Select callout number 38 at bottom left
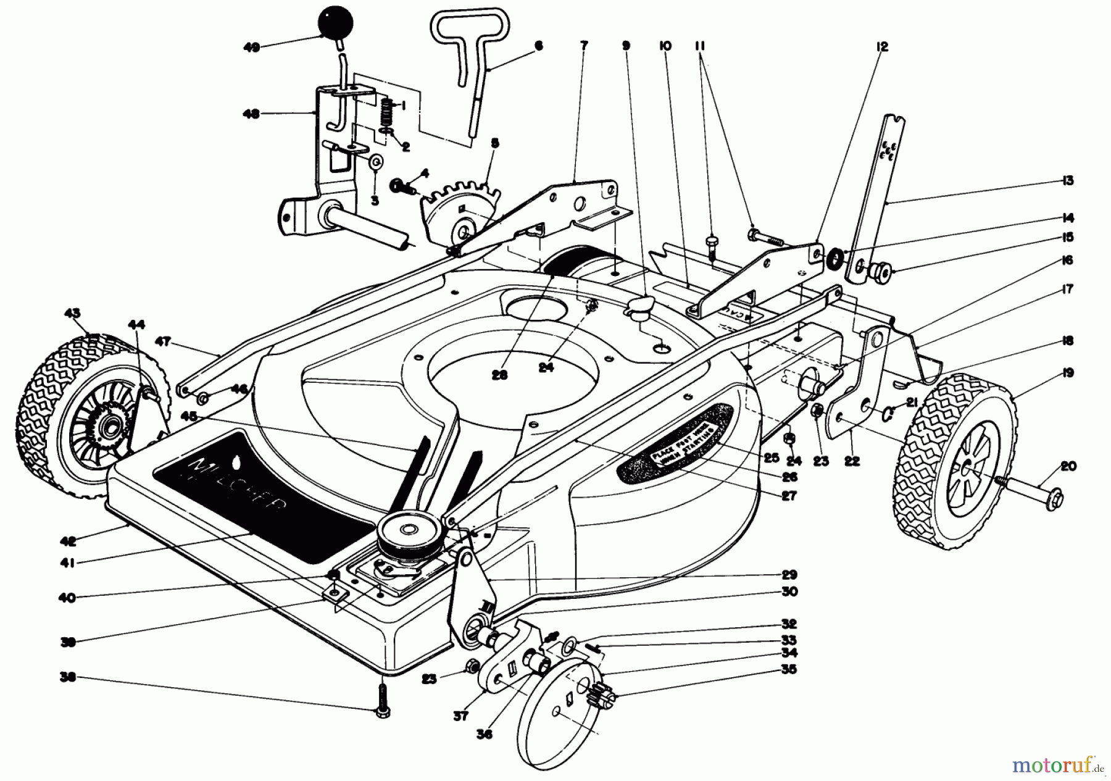[68, 677]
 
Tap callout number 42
[68, 541]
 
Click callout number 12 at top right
[881, 46]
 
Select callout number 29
[789, 574]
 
